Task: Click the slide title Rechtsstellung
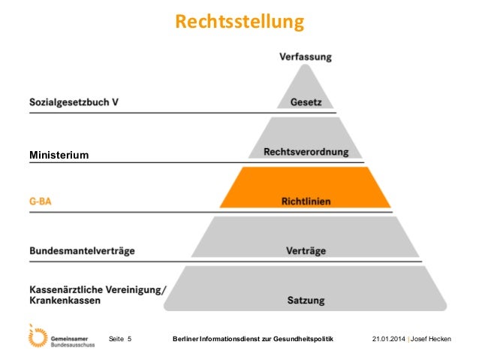coord(239,22)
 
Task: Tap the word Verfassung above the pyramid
coord(305,56)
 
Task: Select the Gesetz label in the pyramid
coord(306,101)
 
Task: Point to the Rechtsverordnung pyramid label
coord(306,152)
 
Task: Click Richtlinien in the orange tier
coord(306,201)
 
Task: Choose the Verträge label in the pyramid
coord(306,250)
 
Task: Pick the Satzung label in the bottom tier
coord(306,301)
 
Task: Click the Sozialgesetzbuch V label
coord(74,101)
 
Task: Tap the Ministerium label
coord(59,155)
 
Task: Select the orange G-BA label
coord(41,201)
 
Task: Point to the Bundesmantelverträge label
coord(82,250)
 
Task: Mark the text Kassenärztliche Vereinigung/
coord(97,289)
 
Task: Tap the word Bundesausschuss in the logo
coord(75,344)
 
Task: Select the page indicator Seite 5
coord(120,340)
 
